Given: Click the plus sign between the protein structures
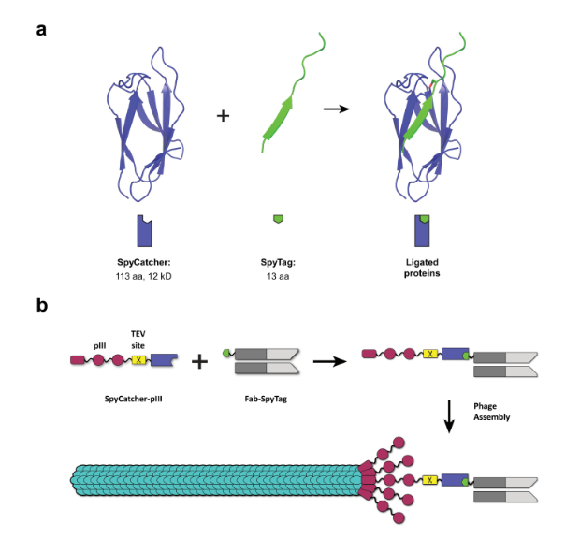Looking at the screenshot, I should (223, 116).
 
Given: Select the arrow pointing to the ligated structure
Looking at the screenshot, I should (336, 109).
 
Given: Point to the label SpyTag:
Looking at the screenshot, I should (277, 263).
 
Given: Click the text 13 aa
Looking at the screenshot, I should (277, 277).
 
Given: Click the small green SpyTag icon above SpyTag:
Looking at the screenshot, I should (277, 219).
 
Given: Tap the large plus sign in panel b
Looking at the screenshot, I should (199, 359).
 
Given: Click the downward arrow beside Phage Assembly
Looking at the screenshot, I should (450, 414).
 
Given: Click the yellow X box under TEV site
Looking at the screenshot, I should (138, 359).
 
